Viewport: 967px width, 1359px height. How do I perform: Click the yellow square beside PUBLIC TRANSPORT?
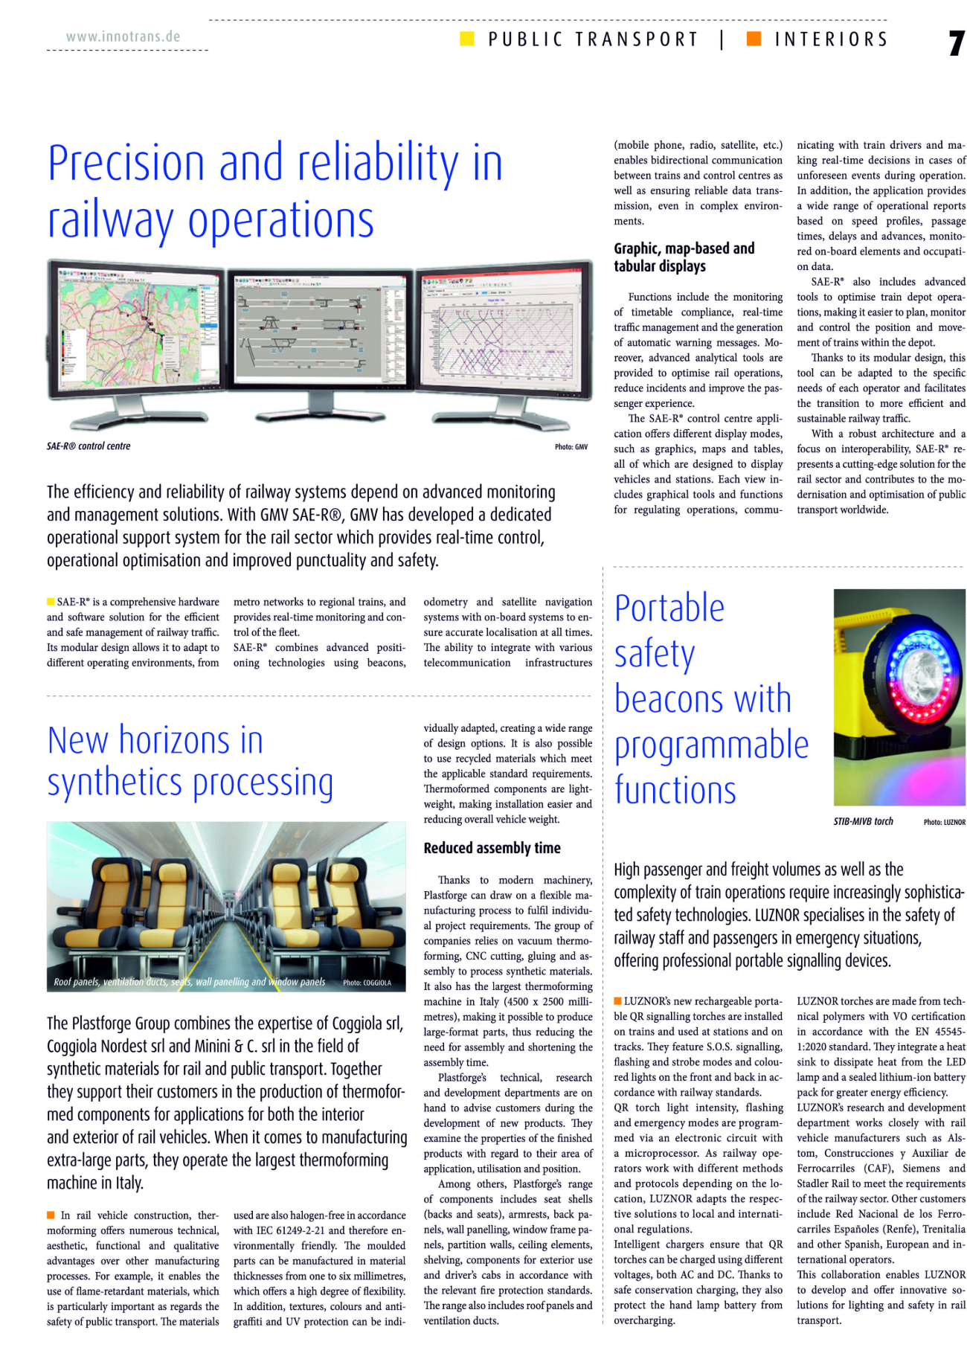coord(467,39)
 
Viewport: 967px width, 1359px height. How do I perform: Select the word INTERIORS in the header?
coord(831,39)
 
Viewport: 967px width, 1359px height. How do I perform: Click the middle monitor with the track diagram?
coord(320,327)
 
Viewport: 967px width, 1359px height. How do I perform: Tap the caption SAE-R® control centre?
coord(89,446)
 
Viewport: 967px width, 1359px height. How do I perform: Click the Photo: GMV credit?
coord(571,447)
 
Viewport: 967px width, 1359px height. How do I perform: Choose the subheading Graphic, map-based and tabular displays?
coord(684,257)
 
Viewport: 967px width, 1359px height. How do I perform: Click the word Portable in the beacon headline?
coord(669,608)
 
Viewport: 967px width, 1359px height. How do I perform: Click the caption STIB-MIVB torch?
coord(863,822)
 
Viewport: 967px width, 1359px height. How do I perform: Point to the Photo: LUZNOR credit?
coord(944,823)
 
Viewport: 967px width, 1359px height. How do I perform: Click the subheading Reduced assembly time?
coord(492,848)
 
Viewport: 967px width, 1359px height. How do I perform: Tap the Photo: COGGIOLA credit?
coord(367,983)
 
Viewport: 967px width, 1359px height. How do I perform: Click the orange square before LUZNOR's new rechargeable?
coord(617,1001)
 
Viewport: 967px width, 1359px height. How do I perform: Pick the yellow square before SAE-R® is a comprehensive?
coord(51,602)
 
